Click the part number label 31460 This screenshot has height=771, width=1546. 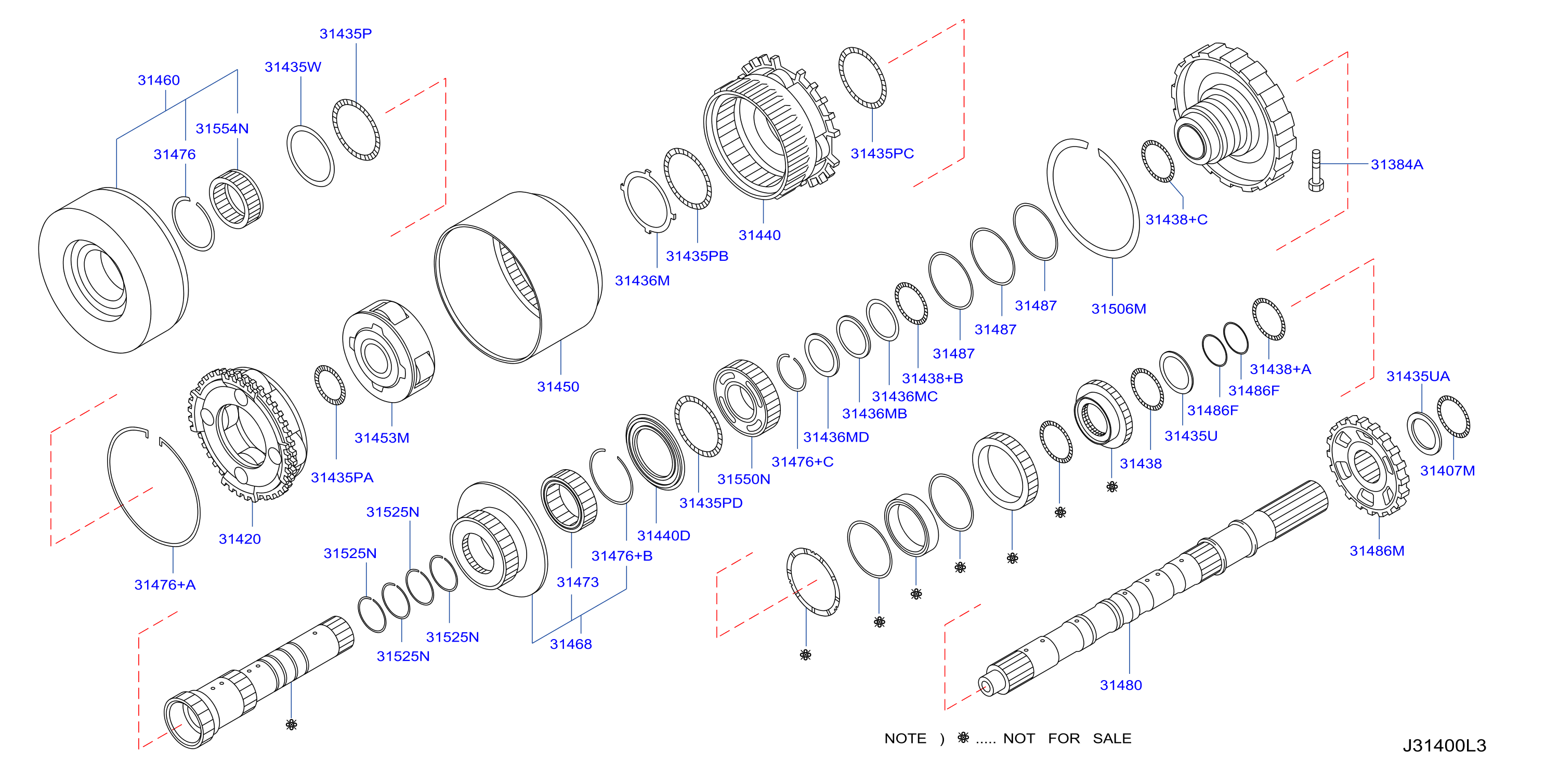[x=159, y=81]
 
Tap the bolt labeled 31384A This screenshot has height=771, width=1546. [x=1316, y=170]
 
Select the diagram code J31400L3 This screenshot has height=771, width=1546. [x=1444, y=745]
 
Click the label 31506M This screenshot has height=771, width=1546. [x=1119, y=309]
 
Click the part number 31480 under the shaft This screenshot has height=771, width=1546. [x=1120, y=685]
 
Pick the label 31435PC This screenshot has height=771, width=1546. [x=882, y=154]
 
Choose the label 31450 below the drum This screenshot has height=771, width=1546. [x=558, y=387]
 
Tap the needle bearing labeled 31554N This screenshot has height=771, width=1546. [x=236, y=198]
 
